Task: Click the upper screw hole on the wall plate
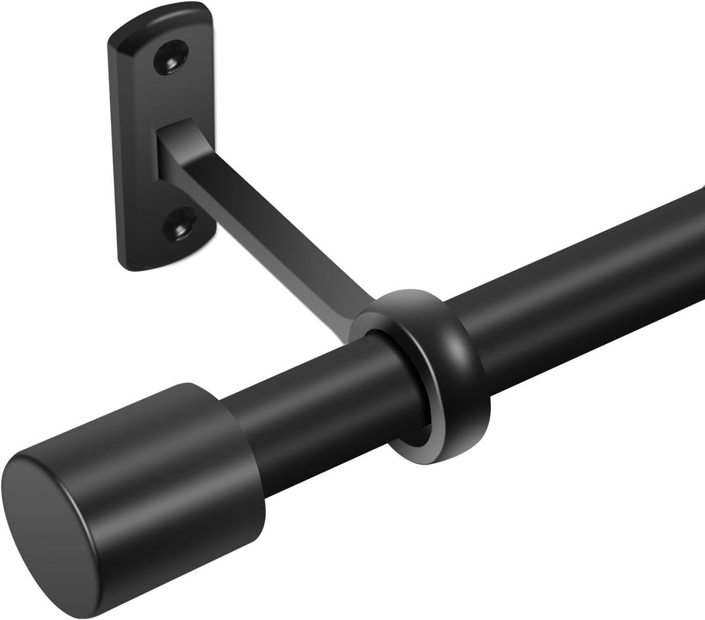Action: [171, 57]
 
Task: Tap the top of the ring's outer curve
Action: [418, 297]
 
